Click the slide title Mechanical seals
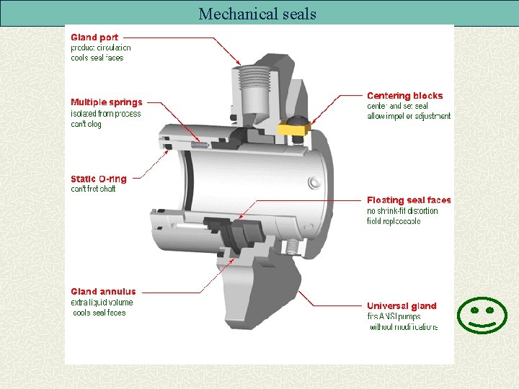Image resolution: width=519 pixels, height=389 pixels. [x=257, y=14]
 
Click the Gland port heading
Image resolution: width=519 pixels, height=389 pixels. [x=94, y=37]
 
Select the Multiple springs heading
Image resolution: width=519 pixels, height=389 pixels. [x=107, y=102]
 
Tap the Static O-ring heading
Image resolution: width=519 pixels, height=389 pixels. [x=98, y=179]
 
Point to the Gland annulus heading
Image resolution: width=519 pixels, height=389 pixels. [x=103, y=292]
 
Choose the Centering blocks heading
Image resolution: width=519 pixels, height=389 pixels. [x=404, y=96]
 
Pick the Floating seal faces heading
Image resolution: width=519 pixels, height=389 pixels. [x=409, y=200]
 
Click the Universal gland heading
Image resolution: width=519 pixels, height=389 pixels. [x=402, y=306]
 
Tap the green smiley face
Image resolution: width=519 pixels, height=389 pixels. [x=482, y=315]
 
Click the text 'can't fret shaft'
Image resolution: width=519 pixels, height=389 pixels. [x=93, y=189]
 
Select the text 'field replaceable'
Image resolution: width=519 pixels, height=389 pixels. [x=394, y=221]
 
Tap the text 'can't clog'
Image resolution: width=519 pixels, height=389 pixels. [x=86, y=124]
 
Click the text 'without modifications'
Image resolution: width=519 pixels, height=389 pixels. [x=404, y=327]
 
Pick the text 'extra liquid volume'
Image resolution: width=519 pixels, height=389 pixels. [x=102, y=303]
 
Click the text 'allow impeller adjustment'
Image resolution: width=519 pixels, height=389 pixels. [x=409, y=116]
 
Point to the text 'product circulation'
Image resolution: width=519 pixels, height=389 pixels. [x=101, y=48]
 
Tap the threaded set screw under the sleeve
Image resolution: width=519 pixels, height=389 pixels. [x=292, y=247]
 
